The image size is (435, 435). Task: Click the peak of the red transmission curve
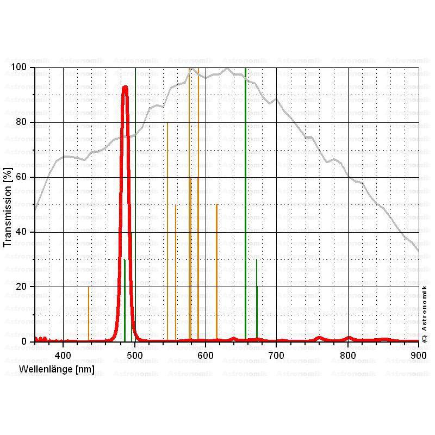(125, 86)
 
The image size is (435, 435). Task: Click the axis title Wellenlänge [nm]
(57, 369)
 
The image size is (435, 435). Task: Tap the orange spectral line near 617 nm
(216, 272)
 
